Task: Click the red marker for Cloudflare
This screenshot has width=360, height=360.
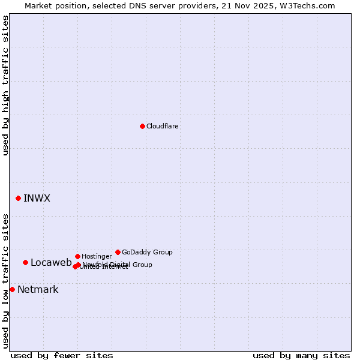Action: pyautogui.click(x=142, y=126)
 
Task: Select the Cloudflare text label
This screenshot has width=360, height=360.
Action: pyautogui.click(x=163, y=127)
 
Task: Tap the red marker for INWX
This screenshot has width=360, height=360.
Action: pyautogui.click(x=19, y=198)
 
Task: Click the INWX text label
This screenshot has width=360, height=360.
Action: pyautogui.click(x=37, y=199)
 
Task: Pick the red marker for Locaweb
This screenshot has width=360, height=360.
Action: pyautogui.click(x=26, y=262)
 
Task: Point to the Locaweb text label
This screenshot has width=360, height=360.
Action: pyautogui.click(x=51, y=263)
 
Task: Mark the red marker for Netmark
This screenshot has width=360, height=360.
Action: pyautogui.click(x=12, y=289)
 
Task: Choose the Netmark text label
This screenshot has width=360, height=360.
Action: pyautogui.click(x=38, y=290)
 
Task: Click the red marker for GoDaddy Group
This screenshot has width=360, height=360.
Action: pyautogui.click(x=118, y=252)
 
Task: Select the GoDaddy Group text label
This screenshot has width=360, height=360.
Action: pyautogui.click(x=147, y=253)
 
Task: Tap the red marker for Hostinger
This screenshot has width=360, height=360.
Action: pyautogui.click(x=77, y=256)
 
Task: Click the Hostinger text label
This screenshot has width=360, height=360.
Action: pyautogui.click(x=97, y=257)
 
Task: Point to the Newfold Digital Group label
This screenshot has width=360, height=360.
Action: pyautogui.click(x=118, y=265)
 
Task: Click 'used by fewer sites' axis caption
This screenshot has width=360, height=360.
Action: pyautogui.click(x=62, y=355)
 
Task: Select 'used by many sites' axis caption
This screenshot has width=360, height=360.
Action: pyautogui.click(x=301, y=355)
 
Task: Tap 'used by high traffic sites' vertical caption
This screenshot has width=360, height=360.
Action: pyautogui.click(x=5, y=85)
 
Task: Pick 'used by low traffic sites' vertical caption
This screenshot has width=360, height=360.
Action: pyautogui.click(x=5, y=281)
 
